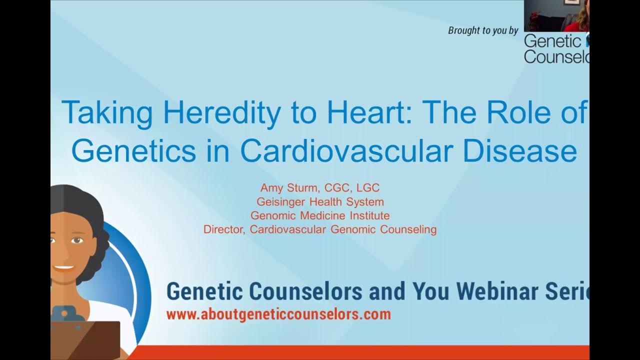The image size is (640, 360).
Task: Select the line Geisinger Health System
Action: point(320,202)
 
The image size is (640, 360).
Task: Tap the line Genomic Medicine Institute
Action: point(320,216)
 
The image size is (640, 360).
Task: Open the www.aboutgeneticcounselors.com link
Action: point(278,314)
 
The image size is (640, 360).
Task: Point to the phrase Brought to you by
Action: point(483,30)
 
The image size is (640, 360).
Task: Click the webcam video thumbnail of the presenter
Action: point(556,15)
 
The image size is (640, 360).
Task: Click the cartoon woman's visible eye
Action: point(76,240)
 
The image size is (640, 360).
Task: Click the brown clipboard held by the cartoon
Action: point(85,340)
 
